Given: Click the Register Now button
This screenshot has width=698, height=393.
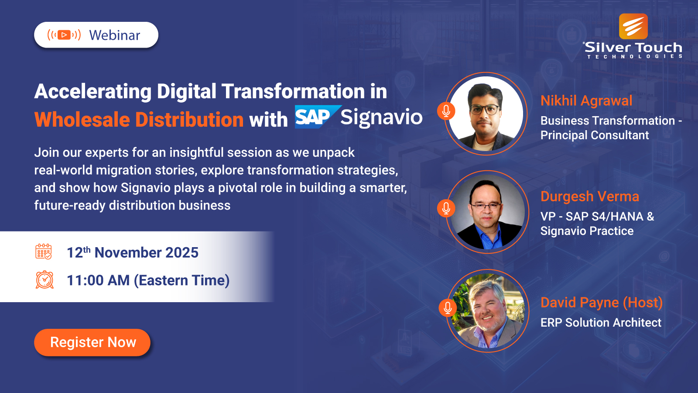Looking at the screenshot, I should pyautogui.click(x=92, y=342).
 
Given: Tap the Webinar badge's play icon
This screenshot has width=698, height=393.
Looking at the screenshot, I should pyautogui.click(x=64, y=35).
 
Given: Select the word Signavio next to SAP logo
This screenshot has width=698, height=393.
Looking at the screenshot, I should pyautogui.click(x=381, y=117).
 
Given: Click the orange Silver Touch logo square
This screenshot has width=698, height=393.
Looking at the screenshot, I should pyautogui.click(x=633, y=26).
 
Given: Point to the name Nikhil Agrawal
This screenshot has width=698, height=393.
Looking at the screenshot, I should pyautogui.click(x=586, y=101).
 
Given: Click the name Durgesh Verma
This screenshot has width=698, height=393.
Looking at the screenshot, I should pyautogui.click(x=589, y=196).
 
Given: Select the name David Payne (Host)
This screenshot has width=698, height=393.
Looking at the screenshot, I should pyautogui.click(x=601, y=303).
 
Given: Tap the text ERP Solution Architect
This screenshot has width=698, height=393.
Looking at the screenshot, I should pyautogui.click(x=601, y=323).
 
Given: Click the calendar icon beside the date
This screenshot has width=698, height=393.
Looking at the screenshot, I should pyautogui.click(x=44, y=252).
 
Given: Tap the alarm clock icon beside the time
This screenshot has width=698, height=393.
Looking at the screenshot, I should pyautogui.click(x=44, y=280).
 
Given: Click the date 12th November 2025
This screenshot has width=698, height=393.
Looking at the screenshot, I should pyautogui.click(x=132, y=253).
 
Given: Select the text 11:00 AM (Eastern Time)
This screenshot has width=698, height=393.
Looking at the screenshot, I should pyautogui.click(x=148, y=280).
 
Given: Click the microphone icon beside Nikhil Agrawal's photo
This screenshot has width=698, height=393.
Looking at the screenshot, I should pyautogui.click(x=446, y=111).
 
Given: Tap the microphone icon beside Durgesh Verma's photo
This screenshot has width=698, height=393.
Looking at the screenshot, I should pyautogui.click(x=446, y=208).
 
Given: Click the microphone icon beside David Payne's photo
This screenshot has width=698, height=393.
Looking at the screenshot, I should pyautogui.click(x=448, y=308).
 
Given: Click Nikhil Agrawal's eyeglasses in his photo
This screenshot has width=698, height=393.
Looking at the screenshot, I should pyautogui.click(x=485, y=109).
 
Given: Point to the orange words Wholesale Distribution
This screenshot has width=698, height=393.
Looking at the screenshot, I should pyautogui.click(x=139, y=120).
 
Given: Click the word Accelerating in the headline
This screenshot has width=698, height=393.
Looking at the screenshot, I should pyautogui.click(x=93, y=92).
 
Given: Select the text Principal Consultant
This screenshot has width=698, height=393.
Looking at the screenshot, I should pyautogui.click(x=594, y=135).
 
